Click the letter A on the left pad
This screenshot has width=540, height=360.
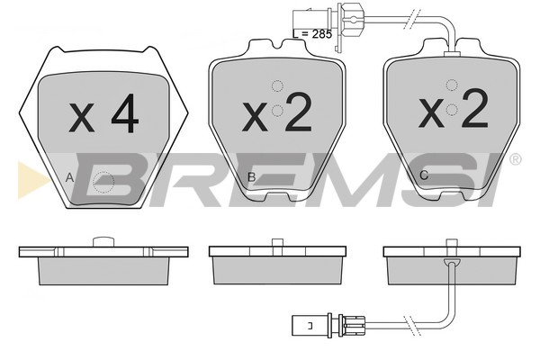pos(69,178)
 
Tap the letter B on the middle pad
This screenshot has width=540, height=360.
pos(252,177)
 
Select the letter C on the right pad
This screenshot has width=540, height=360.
pos(424,175)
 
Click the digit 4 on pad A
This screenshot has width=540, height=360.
pos(125,113)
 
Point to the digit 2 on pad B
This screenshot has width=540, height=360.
pos(298,112)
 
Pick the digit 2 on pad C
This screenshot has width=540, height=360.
pos(475,108)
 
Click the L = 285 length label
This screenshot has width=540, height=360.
pos(312,34)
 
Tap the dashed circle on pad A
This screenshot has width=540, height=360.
pos(103,182)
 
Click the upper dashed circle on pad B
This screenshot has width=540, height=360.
pos(277,86)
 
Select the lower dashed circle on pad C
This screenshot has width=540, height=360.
pos(452,110)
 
